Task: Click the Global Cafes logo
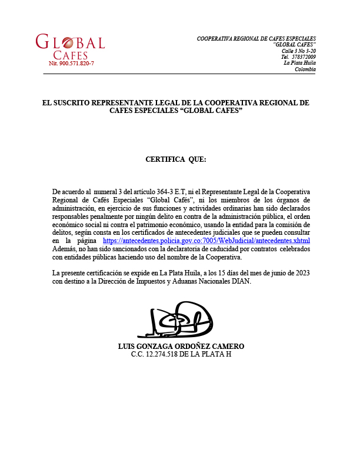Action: tap(70, 46)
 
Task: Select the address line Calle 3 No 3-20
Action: tap(298, 51)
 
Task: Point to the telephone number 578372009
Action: tap(304, 57)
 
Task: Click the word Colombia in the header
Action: tap(305, 69)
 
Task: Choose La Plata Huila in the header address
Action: tap(299, 63)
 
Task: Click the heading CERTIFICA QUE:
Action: tap(176, 159)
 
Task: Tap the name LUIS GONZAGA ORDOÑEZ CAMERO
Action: tap(181, 346)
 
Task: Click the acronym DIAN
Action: tap(241, 281)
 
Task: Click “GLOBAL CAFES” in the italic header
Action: tap(295, 45)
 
